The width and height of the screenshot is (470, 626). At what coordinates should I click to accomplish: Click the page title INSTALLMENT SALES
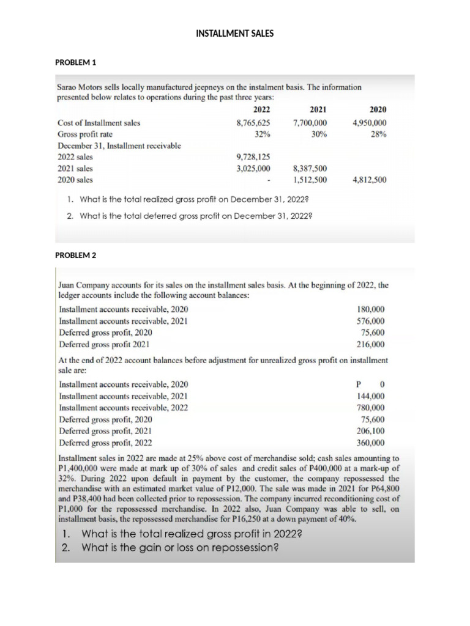234,33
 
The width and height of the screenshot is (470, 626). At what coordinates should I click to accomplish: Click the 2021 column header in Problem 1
318,109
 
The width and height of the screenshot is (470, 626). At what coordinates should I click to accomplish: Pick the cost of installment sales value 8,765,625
253,123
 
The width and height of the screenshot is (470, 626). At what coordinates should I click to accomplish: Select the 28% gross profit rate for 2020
378,134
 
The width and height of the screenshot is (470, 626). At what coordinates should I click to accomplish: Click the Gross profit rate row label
84,134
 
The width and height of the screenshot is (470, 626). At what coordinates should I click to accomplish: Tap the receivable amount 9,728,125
253,156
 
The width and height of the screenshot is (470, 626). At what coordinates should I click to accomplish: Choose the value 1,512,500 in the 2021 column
310,180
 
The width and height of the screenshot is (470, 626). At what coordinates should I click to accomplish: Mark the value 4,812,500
370,180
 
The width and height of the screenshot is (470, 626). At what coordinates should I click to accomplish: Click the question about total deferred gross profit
191,215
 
